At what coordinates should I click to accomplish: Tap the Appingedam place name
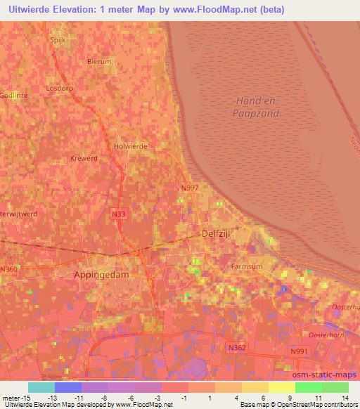[x=101, y=275]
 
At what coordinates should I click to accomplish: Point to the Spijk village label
[x=57, y=41]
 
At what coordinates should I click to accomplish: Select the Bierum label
[x=99, y=62]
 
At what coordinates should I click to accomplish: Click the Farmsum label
[x=245, y=267]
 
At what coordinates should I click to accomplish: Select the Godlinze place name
[x=13, y=95]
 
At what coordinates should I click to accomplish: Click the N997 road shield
[x=189, y=187]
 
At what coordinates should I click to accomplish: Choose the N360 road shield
[x=9, y=269]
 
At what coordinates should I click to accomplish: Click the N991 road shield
[x=300, y=351]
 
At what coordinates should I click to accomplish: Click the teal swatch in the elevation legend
[x=41, y=387]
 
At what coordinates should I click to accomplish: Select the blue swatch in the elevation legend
[x=67, y=387]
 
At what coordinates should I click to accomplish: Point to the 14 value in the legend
[x=344, y=398]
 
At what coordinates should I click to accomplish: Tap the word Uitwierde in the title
[x=26, y=9]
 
